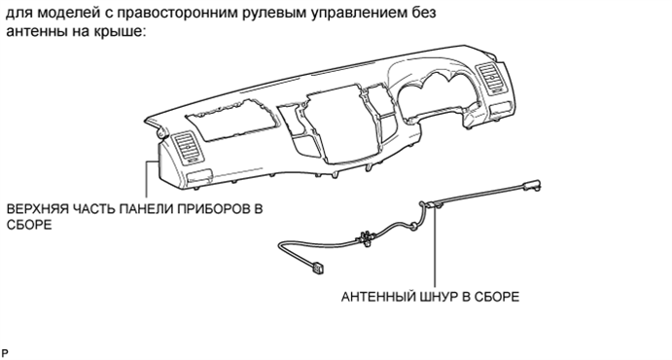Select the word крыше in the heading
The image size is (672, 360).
[x=123, y=33]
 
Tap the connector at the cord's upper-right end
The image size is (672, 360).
[x=531, y=184]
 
